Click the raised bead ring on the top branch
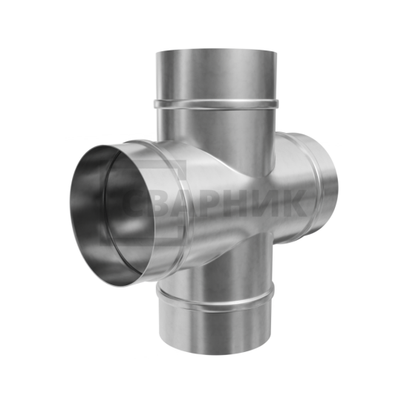point(216,104)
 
